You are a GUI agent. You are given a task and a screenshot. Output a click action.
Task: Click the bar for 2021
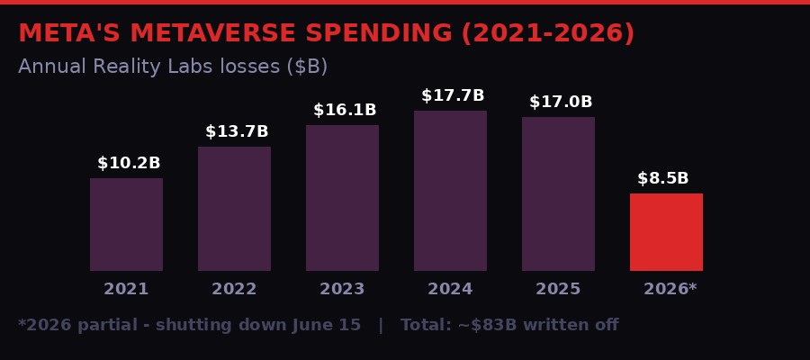pyautogui.click(x=126, y=224)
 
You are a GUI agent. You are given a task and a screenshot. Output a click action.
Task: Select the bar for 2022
pyautogui.click(x=234, y=209)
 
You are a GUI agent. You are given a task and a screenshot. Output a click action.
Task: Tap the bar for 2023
pyautogui.click(x=342, y=198)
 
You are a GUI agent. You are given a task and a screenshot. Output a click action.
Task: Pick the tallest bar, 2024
pyautogui.click(x=450, y=191)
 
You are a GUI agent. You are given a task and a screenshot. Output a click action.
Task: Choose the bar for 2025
pyautogui.click(x=558, y=193)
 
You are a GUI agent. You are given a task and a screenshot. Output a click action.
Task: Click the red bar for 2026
pyautogui.click(x=666, y=232)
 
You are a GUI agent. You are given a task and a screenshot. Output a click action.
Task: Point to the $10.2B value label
pyautogui.click(x=129, y=164)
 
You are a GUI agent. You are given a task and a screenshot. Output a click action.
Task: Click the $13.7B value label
pyautogui.click(x=237, y=132)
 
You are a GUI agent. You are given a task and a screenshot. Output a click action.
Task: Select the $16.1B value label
pyautogui.click(x=345, y=111)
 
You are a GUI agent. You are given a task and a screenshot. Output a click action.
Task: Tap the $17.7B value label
pyautogui.click(x=453, y=96)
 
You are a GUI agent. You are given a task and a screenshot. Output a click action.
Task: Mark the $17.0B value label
pyautogui.click(x=561, y=103)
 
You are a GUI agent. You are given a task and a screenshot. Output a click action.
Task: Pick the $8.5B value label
pyautogui.click(x=663, y=179)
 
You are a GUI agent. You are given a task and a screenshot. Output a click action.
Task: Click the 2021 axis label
pyautogui.click(x=126, y=290)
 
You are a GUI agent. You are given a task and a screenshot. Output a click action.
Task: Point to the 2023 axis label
pyautogui.click(x=342, y=290)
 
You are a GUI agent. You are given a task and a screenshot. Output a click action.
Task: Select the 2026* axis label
pyautogui.click(x=670, y=290)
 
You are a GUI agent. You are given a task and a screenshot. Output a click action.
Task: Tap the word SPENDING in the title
pyautogui.click(x=378, y=34)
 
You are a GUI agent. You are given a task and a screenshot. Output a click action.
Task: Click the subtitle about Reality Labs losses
pyautogui.click(x=173, y=67)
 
